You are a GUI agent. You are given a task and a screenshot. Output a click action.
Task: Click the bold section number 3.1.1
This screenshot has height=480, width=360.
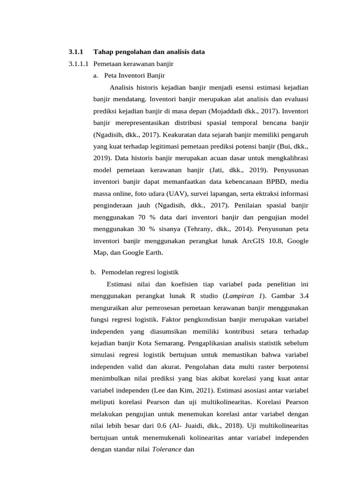coord(75,52)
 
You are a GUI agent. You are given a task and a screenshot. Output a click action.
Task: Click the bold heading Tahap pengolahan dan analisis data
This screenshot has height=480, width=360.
coord(149,52)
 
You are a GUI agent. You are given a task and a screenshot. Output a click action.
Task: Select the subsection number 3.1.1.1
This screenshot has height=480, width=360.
coord(79,63)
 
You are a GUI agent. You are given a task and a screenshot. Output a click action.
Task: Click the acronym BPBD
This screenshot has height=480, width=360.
coord(265,182)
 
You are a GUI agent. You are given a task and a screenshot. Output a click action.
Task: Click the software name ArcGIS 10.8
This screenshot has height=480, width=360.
coord(261,241)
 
